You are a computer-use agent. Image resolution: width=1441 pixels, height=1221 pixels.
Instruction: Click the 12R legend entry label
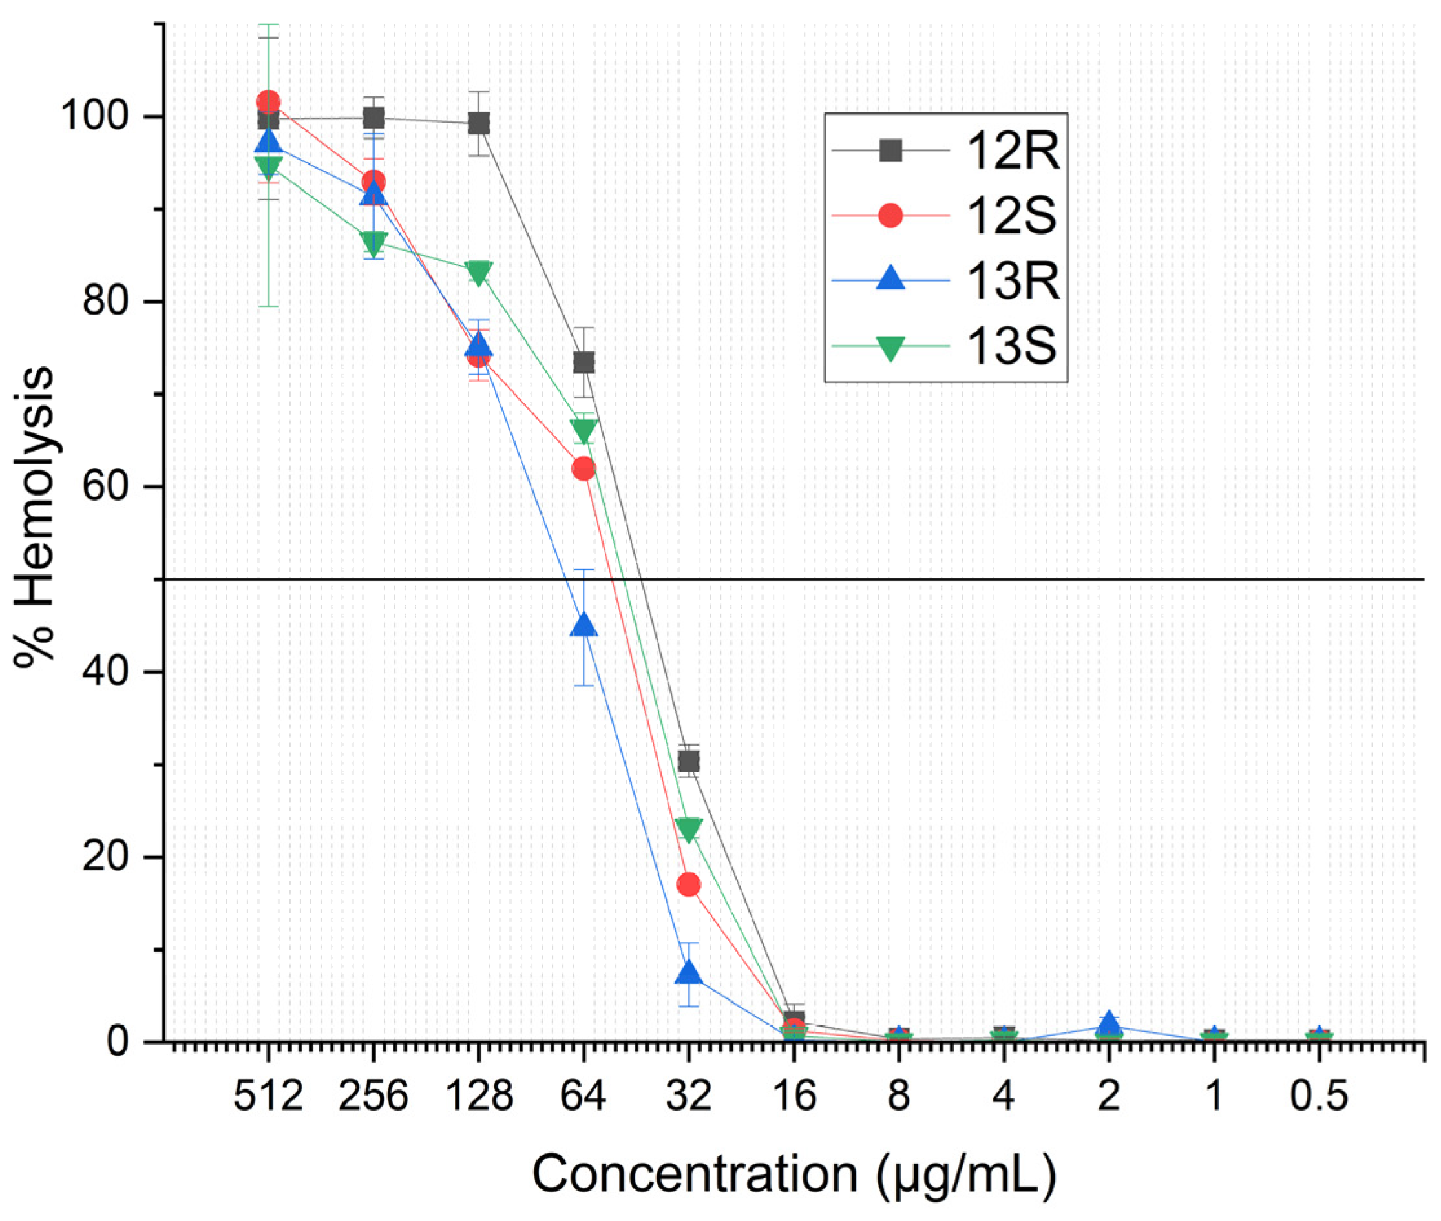(1013, 151)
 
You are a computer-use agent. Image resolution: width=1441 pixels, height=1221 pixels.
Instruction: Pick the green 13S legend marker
(890, 348)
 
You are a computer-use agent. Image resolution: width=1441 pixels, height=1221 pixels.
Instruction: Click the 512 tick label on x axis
(268, 1096)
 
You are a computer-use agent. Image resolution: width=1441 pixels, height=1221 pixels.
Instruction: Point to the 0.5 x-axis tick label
(1318, 1096)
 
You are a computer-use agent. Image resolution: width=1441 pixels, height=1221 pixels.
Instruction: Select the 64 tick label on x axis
(583, 1096)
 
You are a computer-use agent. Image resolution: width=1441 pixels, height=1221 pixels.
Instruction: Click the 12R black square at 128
(478, 124)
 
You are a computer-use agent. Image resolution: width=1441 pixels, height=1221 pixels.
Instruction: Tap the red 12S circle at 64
(584, 468)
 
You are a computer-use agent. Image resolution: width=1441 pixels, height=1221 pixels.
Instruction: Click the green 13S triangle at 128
(478, 272)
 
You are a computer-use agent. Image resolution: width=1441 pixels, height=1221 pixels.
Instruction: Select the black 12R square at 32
(689, 762)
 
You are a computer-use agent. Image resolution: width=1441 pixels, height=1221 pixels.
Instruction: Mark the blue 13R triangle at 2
(1109, 1022)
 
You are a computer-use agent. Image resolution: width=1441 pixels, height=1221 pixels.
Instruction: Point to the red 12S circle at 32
(689, 884)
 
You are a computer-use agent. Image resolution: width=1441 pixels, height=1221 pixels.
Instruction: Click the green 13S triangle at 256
(373, 242)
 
